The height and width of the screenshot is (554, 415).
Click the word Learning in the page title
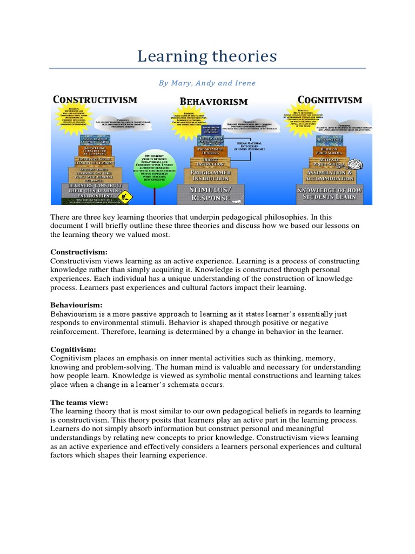coord(165,56)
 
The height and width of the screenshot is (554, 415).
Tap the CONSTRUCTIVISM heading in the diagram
coord(95,100)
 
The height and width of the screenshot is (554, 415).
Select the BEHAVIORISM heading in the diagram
coord(213,101)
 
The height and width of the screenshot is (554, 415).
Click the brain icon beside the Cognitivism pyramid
coord(356,164)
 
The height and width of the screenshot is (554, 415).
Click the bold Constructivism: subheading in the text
coord(79,252)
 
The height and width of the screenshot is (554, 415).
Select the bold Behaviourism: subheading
coord(76,305)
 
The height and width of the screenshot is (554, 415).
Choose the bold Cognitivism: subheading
coord(73,349)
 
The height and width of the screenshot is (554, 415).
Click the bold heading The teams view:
coord(79,403)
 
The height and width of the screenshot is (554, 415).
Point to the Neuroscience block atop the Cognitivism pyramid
coord(330,138)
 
